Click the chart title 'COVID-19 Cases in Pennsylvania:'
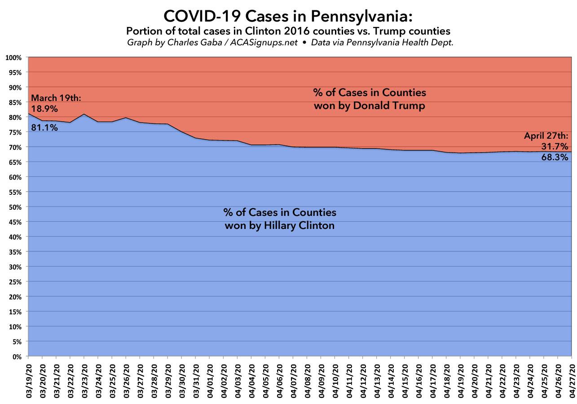(x=288, y=17)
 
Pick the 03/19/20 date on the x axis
(x=28, y=381)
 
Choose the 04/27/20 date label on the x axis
(x=571, y=381)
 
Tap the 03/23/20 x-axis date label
(x=84, y=381)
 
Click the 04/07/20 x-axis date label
(x=293, y=381)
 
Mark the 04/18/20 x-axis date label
(x=447, y=381)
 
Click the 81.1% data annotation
(x=44, y=127)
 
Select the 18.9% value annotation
(x=44, y=108)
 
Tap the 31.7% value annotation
(x=555, y=146)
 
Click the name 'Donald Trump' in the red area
(x=396, y=107)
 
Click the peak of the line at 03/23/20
(x=84, y=114)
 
